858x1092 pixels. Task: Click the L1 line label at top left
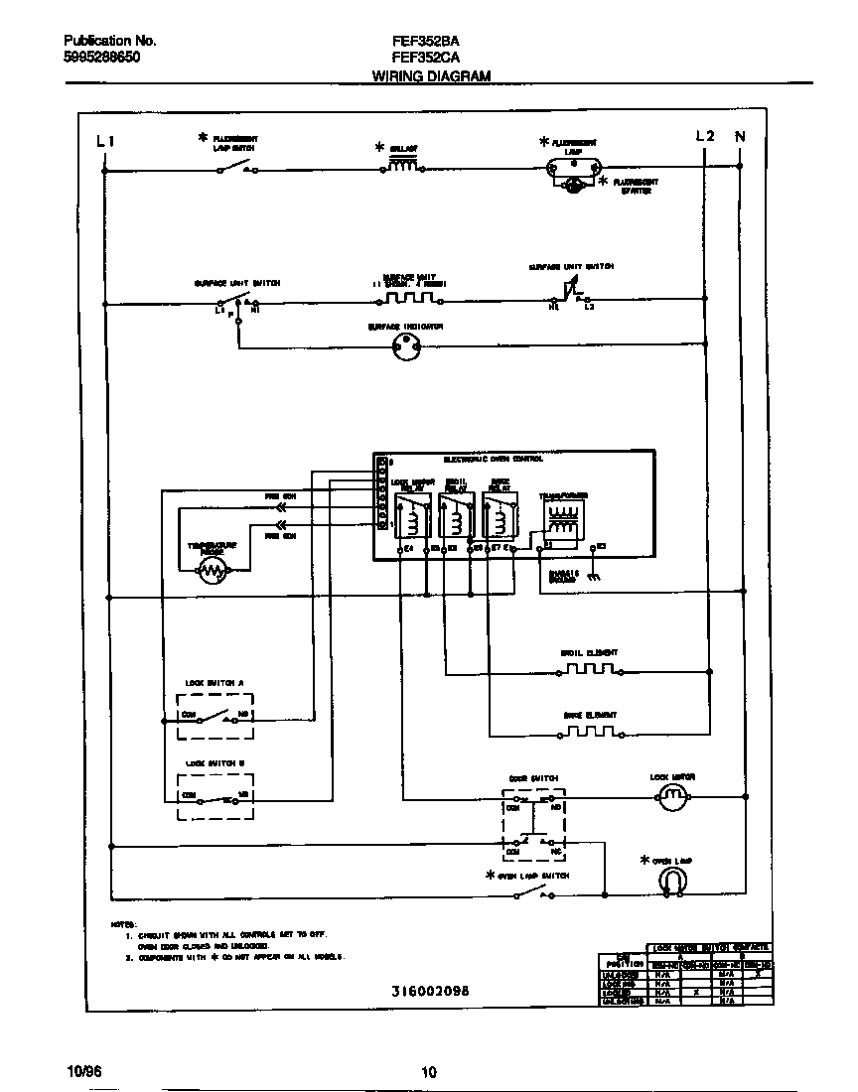pos(105,140)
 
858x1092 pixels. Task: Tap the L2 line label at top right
pos(704,136)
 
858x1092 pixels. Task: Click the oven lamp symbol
pos(673,880)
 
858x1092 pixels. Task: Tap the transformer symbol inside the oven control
pos(562,518)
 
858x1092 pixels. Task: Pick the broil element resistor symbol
pos(590,671)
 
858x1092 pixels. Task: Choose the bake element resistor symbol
pos(590,734)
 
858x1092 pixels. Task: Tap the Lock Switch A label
pos(214,683)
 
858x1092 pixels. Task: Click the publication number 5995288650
pos(101,59)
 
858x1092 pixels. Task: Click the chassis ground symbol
pos(593,576)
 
